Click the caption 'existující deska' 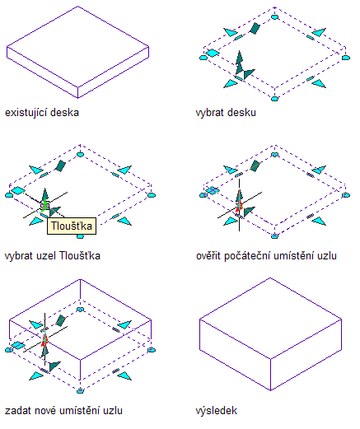tap(42, 113)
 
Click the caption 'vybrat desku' tap(226, 113)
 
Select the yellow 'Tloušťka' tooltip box tap(72, 226)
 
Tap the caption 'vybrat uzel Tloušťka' tap(53, 256)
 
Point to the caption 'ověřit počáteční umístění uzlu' tap(266, 256)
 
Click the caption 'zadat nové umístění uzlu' tap(63, 411)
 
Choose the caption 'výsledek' tap(217, 411)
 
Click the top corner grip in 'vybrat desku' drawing tap(274, 16)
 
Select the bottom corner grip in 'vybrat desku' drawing tap(274, 99)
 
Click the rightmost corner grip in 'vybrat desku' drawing tap(346, 58)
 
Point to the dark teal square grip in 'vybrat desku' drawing tap(255, 29)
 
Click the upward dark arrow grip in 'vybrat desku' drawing tap(239, 61)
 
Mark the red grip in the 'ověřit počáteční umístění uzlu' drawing tap(239, 205)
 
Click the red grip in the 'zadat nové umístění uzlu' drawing tap(44, 339)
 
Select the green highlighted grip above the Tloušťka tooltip tap(44, 205)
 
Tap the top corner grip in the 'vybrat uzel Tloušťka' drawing tap(80, 154)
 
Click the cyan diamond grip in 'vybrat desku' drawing tap(213, 53)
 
